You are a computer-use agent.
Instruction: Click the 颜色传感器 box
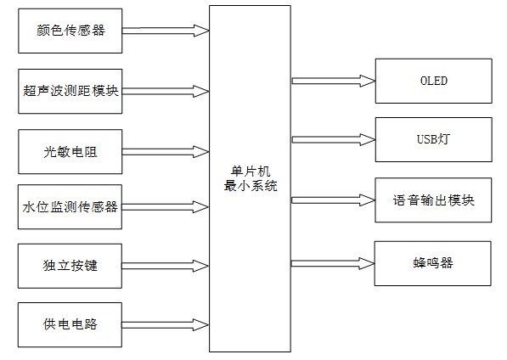71,31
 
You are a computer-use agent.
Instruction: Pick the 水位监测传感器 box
71,206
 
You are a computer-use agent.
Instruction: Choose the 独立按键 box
71,266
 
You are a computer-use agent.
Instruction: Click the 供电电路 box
71,324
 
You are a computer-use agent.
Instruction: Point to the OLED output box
433,82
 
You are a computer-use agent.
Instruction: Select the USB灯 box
433,138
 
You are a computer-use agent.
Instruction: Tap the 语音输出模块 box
433,200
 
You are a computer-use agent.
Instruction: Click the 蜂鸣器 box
433,262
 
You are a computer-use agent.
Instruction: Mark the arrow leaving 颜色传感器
166,31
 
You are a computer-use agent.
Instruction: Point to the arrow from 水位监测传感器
166,206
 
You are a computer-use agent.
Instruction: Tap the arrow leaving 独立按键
166,266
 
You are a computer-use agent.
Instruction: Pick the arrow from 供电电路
166,324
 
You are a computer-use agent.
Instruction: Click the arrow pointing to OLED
333,82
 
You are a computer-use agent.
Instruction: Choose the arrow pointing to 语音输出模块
333,200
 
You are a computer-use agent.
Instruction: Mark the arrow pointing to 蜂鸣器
333,262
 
